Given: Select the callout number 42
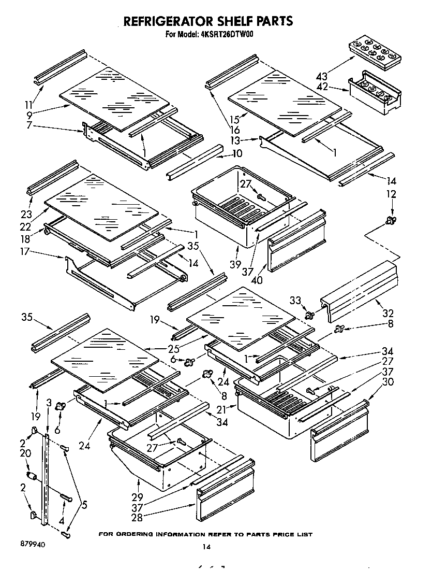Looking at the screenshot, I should tap(322, 87).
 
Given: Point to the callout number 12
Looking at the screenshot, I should tap(392, 194).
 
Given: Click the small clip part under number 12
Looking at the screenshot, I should tap(391, 221).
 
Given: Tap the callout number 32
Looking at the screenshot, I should tap(387, 313).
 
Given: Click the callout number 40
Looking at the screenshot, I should tap(257, 280).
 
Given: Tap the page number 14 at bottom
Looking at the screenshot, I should tap(207, 546).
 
